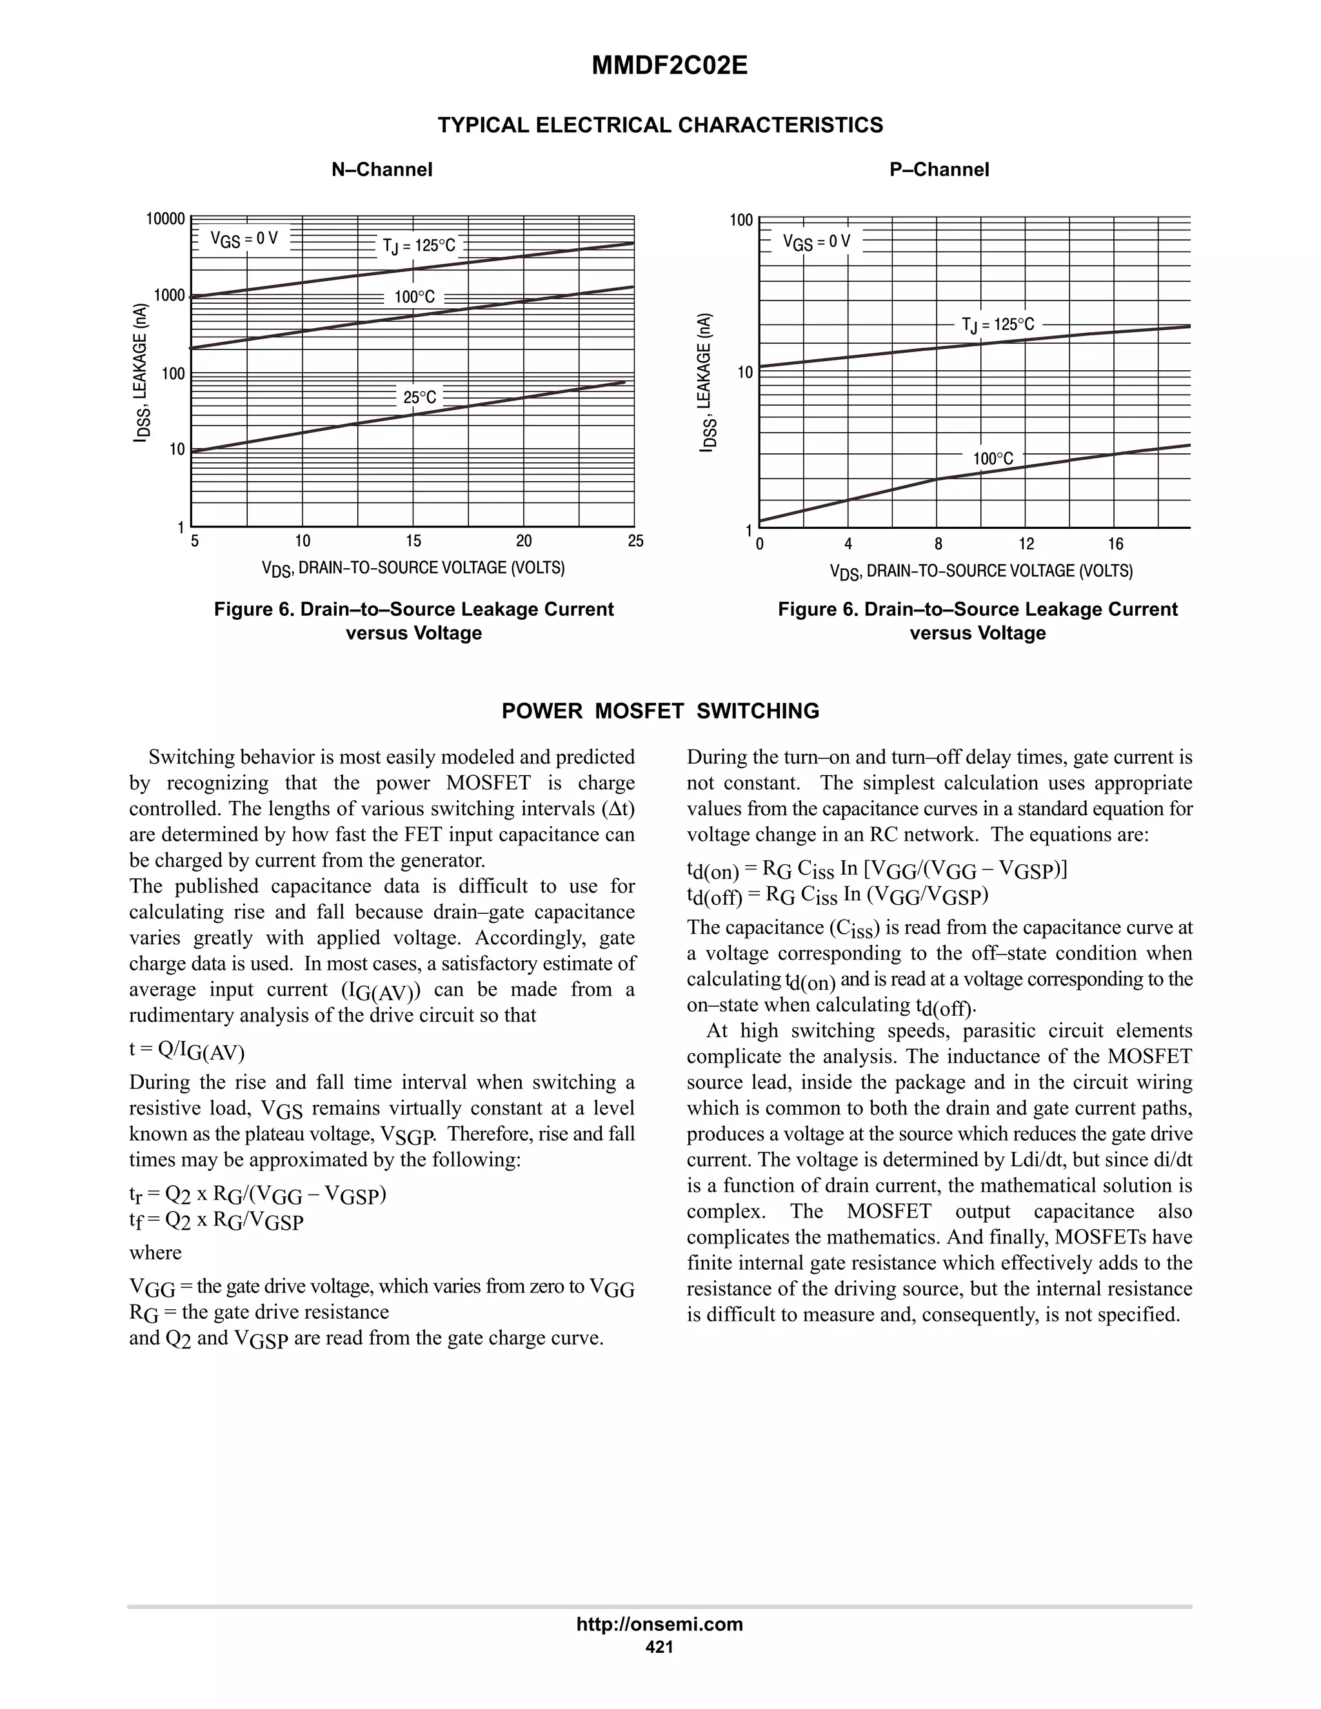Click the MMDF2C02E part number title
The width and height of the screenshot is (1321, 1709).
point(669,66)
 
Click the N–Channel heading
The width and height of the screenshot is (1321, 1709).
point(382,170)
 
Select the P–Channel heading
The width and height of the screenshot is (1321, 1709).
point(939,170)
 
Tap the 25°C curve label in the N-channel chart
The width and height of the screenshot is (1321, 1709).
point(419,397)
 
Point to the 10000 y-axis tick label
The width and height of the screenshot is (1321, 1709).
point(165,219)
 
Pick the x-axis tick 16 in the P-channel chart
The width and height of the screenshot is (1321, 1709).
point(1115,544)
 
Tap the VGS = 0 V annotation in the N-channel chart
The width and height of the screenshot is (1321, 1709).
point(244,239)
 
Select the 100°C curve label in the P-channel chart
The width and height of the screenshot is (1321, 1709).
point(993,459)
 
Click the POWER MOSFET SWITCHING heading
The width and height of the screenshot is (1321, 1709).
point(660,711)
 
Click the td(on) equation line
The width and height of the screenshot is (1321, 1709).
point(877,870)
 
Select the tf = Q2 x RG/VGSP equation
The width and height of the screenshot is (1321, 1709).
point(216,1221)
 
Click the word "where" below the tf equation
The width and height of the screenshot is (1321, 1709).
point(155,1253)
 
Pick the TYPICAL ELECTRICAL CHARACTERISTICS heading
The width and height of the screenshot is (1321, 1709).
point(660,125)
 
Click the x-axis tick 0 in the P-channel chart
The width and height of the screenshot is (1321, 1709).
point(760,544)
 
